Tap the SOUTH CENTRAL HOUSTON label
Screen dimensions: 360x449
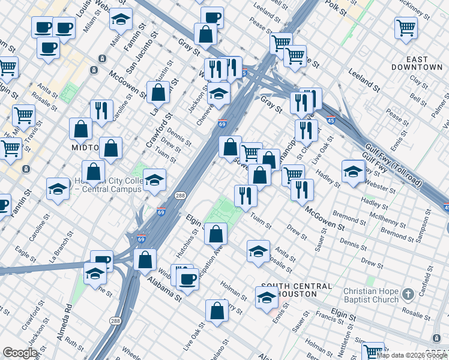288,290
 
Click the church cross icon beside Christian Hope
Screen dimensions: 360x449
408,294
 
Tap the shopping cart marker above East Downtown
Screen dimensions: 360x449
406,27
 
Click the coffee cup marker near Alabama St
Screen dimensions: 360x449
188,278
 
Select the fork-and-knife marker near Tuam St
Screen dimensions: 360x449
245,194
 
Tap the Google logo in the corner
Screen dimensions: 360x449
19,352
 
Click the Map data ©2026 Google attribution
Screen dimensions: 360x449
412,355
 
